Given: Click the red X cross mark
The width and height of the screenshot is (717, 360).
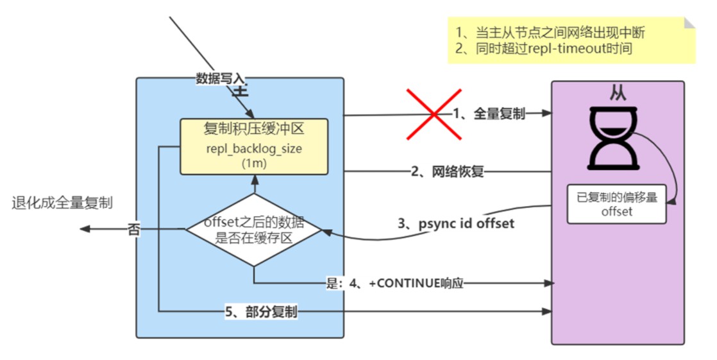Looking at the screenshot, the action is point(434,114).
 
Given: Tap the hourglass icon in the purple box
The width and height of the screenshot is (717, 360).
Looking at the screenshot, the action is point(612,138).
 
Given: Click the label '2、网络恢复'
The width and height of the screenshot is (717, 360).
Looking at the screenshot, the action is point(447,172).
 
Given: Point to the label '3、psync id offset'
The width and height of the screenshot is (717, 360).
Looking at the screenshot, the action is point(456,224).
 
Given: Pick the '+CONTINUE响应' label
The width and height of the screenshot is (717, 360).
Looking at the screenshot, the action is point(416,284).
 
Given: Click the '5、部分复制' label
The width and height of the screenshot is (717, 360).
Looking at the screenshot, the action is point(261,312).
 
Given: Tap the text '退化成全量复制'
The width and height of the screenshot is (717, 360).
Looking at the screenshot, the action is point(62,203).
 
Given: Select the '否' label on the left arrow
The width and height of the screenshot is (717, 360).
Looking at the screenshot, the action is point(133,229).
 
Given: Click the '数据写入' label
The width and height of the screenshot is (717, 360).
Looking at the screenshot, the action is point(221,79).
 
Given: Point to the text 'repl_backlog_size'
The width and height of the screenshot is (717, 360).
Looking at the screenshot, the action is point(254,149).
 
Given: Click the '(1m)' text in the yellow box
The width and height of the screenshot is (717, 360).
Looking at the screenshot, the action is point(254,163).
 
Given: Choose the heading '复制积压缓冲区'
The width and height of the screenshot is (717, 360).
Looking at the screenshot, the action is point(254,130).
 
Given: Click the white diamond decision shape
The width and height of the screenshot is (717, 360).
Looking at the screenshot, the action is point(254,230).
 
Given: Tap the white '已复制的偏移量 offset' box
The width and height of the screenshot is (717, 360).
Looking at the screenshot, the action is point(616,204).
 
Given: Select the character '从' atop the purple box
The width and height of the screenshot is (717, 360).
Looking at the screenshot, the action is point(618,94).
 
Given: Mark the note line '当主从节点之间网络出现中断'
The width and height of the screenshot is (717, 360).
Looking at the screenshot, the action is point(550,33).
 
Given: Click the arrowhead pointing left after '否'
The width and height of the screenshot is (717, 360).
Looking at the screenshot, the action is point(85,228).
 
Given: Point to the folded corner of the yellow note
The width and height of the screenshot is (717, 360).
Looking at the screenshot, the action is point(689,23).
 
